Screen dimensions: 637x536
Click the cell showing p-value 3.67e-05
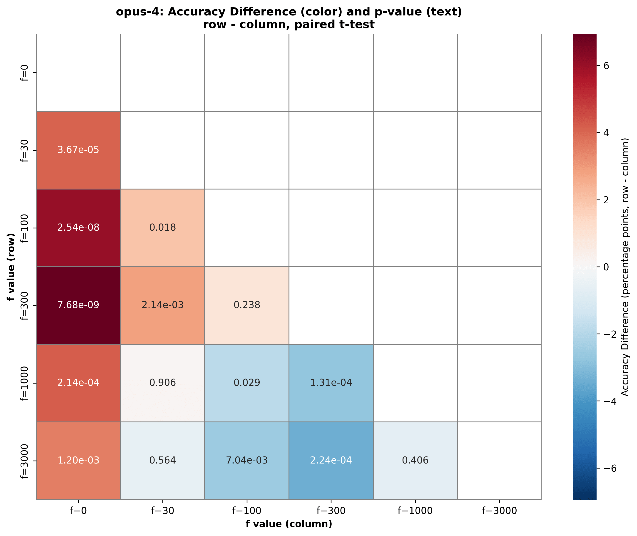[78, 150]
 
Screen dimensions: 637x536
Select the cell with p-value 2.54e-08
[78, 228]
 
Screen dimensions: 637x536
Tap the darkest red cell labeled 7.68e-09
[78, 305]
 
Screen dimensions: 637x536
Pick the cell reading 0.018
[162, 228]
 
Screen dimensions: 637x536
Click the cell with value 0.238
[247, 305]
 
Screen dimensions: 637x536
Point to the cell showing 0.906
[162, 383]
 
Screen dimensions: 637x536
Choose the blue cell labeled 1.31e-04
[331, 383]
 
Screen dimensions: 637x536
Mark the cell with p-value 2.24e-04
[331, 460]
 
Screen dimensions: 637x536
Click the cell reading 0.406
[415, 460]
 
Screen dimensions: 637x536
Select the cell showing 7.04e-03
[247, 460]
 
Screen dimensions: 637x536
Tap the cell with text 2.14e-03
[162, 305]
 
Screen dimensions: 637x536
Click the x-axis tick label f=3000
[499, 511]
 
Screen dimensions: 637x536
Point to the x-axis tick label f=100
[247, 511]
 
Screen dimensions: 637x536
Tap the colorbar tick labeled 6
[606, 66]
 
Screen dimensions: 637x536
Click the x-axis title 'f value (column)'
[289, 524]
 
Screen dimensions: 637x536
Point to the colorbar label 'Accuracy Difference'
[625, 349]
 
